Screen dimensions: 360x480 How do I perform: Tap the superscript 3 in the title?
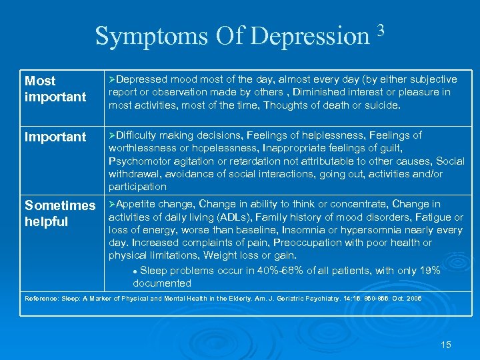click(381, 29)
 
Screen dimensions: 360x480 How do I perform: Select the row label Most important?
click(55, 89)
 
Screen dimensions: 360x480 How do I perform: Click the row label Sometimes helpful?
click(59, 213)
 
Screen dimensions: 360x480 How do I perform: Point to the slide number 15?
click(446, 345)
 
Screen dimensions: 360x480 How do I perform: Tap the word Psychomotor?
click(139, 161)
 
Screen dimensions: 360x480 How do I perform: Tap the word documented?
click(162, 283)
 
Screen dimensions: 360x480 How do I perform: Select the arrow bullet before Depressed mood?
click(112, 79)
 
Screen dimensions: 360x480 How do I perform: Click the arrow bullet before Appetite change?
click(112, 204)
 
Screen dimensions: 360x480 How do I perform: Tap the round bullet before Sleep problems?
click(135, 271)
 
